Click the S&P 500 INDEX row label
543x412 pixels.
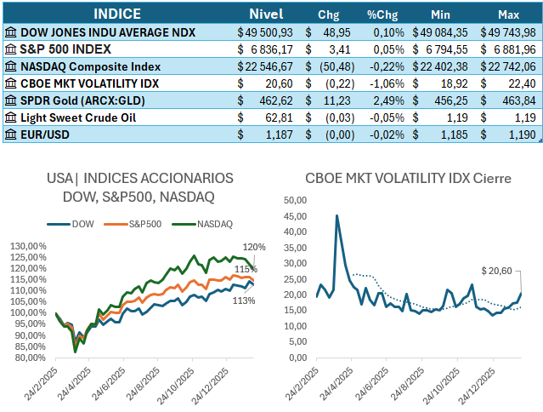coord(68,49)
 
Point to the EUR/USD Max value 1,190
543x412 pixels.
coord(522,134)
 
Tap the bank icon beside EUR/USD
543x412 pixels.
coord(11,134)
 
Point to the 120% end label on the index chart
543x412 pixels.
coord(254,247)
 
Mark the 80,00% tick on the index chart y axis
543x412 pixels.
coord(35,358)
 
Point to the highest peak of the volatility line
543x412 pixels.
coord(337,216)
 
